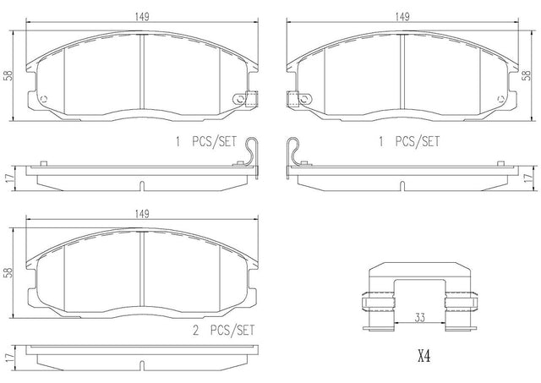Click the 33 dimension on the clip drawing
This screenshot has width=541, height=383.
(x=419, y=317)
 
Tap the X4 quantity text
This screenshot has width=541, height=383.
(x=424, y=356)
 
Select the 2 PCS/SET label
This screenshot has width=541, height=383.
(x=223, y=331)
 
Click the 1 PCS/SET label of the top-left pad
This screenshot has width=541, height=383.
(x=206, y=141)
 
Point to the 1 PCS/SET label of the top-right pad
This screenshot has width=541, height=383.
(x=409, y=141)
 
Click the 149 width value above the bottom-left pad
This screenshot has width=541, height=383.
(x=142, y=214)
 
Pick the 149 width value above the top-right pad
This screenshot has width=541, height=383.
(x=402, y=17)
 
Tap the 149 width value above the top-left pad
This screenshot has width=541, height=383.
(x=142, y=17)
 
